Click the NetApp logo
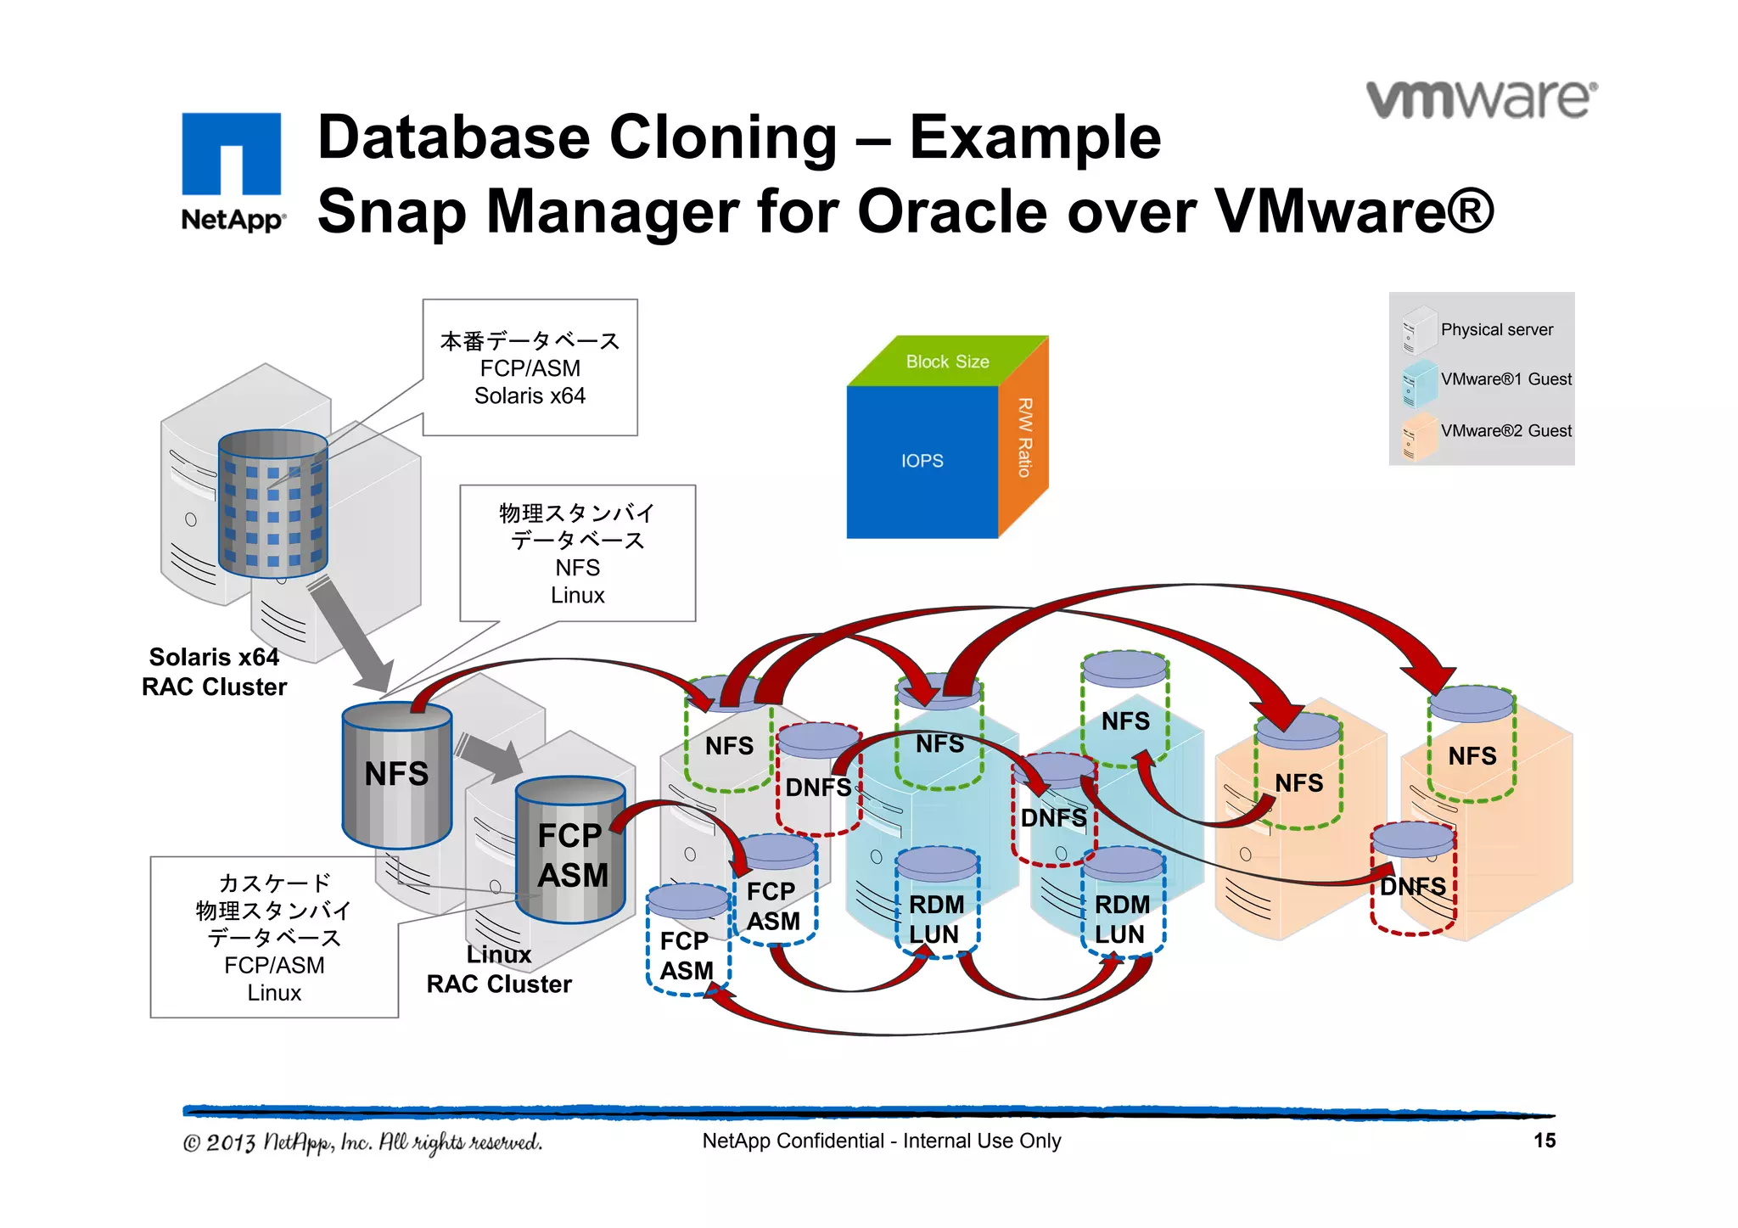(231, 170)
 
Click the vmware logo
(1481, 100)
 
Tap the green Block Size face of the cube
(947, 362)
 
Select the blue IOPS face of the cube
(922, 461)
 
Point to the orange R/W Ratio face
(1023, 438)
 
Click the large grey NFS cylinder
(396, 774)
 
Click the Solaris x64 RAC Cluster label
(214, 671)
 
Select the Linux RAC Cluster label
(499, 970)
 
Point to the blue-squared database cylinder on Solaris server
(272, 505)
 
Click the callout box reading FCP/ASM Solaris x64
(530, 367)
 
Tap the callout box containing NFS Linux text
(577, 553)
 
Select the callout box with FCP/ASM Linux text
(274, 937)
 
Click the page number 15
(1544, 1141)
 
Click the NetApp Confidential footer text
(881, 1141)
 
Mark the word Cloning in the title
(723, 137)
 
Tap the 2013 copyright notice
(362, 1142)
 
